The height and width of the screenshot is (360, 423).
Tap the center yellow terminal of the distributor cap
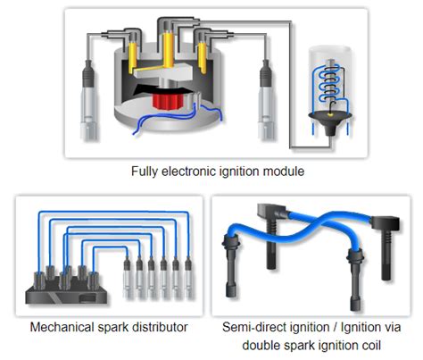click(168, 51)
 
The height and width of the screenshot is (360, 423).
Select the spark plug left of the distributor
click(88, 100)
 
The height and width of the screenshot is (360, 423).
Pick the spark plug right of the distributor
click(266, 100)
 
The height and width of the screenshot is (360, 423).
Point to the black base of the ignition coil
click(330, 122)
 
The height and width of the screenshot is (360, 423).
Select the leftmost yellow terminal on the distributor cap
click(132, 58)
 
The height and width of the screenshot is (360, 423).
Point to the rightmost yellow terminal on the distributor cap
click(203, 58)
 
